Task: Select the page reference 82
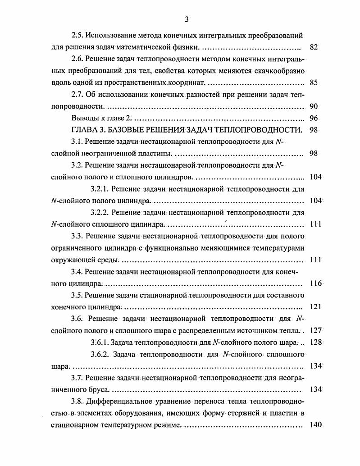pyautogui.click(x=314, y=47)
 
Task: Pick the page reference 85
pyautogui.click(x=314, y=83)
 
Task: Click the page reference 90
pyautogui.click(x=314, y=107)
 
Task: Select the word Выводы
pyautogui.click(x=84, y=119)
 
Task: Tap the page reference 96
pyautogui.click(x=314, y=119)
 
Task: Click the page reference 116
pyautogui.click(x=316, y=283)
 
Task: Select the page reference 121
pyautogui.click(x=315, y=307)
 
